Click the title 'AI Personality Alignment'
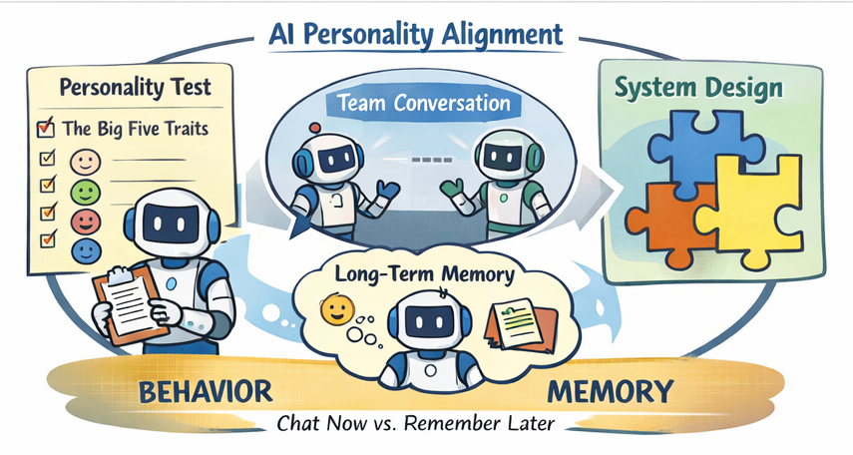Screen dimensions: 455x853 (416, 33)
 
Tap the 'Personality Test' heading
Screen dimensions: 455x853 (136, 87)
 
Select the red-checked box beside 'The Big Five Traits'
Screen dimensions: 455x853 (44, 128)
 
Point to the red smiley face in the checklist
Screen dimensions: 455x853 (84, 218)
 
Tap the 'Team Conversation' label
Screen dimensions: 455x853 (424, 103)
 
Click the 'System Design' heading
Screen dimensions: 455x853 (698, 90)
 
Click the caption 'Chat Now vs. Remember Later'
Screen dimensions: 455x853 (416, 423)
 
